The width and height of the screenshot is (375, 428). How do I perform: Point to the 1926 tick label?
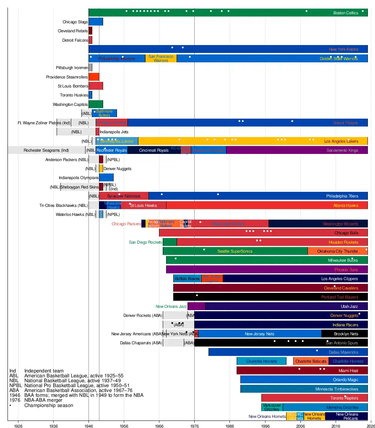[18, 426]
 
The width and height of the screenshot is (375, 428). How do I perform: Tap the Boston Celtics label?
[346, 13]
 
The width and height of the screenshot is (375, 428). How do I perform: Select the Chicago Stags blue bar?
[96, 22]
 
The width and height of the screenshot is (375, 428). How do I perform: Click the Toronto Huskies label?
[74, 95]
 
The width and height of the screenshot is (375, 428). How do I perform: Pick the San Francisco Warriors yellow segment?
[161, 59]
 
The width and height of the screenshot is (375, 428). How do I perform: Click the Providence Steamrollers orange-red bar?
[94, 77]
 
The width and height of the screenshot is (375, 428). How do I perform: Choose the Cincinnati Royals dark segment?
[154, 151]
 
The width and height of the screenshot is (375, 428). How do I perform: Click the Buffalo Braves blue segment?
[187, 279]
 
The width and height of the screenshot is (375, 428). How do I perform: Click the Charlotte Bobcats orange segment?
[311, 361]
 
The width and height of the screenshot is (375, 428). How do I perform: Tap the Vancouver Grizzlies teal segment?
[272, 407]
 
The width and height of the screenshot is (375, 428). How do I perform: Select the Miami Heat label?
[348, 371]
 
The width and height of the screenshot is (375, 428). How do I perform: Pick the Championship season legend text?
[49, 405]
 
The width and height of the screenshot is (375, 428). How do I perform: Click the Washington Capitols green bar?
[96, 104]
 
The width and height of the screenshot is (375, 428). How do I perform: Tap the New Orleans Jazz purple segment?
[196, 306]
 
